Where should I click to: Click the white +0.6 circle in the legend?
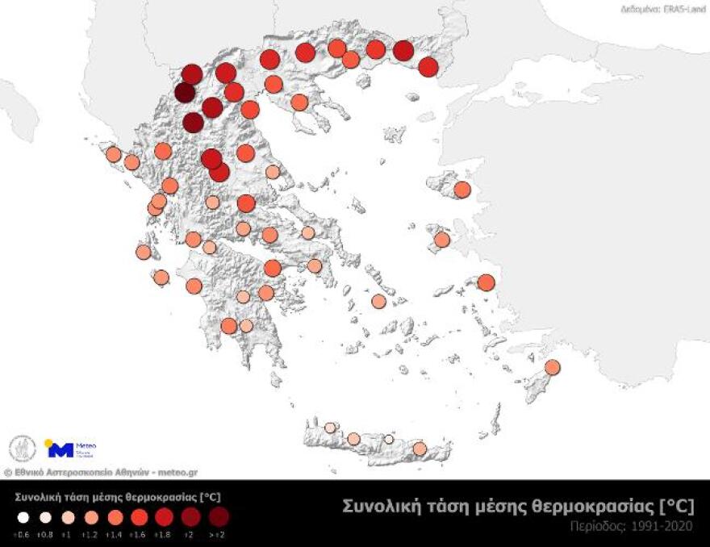click(23, 517)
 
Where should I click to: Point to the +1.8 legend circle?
click(164, 516)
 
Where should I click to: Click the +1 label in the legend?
click(69, 534)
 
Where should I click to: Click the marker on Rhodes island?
click(552, 367)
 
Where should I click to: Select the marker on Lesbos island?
click(461, 190)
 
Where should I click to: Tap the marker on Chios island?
click(441, 240)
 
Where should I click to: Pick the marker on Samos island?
click(485, 282)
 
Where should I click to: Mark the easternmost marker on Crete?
click(419, 448)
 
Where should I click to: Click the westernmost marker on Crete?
click(330, 428)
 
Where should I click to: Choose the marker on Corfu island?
click(114, 154)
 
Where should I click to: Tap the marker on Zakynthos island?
click(161, 278)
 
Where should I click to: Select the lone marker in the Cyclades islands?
click(378, 301)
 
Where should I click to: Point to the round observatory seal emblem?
click(23, 449)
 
